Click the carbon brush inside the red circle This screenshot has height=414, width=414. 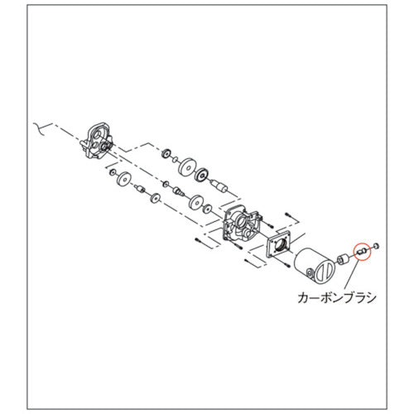[x=362, y=251]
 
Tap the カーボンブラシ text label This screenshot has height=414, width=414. [x=337, y=298]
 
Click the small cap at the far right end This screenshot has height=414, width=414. [x=376, y=245]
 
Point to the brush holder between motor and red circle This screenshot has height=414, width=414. [x=343, y=259]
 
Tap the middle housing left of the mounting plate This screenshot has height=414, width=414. [x=241, y=225]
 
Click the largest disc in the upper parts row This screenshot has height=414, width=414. [x=187, y=167]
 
